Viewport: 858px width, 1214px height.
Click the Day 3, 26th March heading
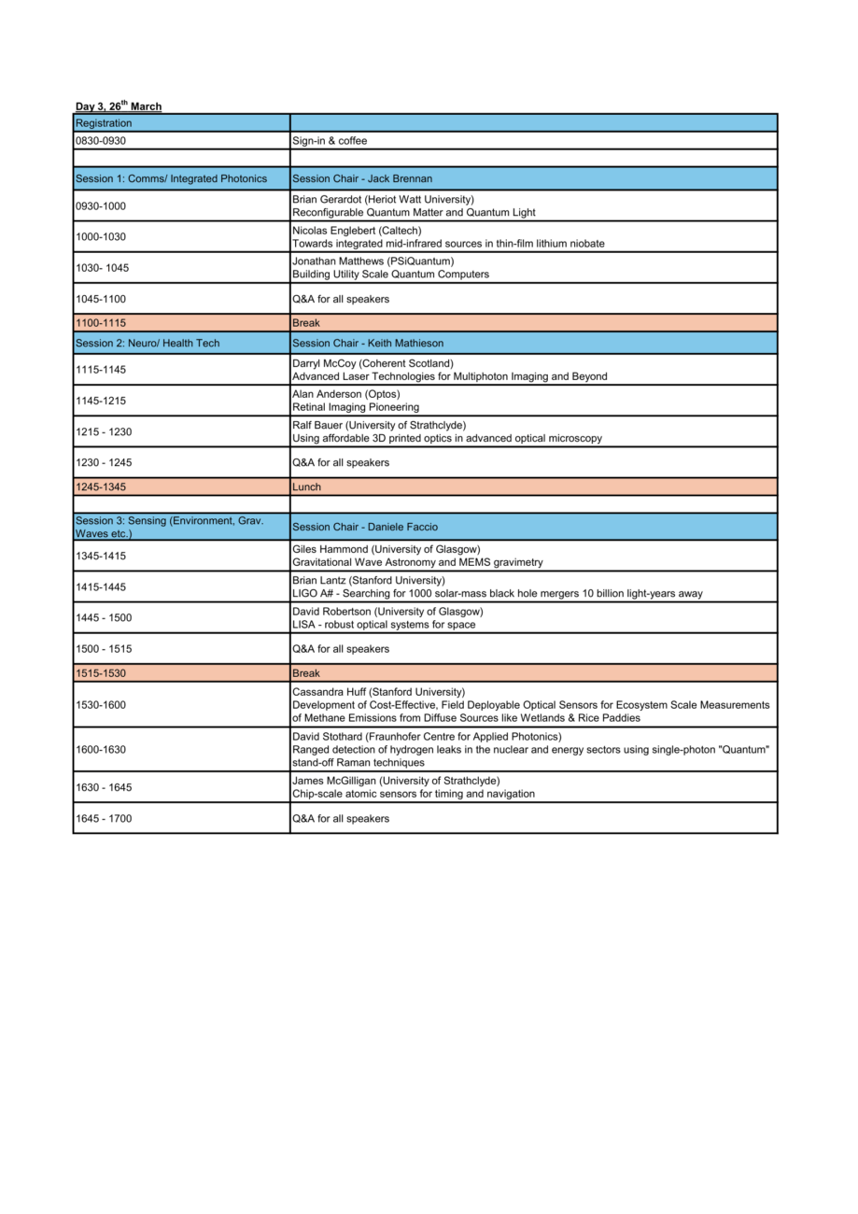click(x=118, y=106)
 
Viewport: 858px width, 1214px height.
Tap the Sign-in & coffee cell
click(x=330, y=141)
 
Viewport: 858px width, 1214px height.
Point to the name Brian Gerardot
click(x=325, y=199)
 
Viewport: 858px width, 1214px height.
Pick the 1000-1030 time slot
click(x=101, y=237)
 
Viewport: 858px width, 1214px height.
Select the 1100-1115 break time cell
click(x=101, y=323)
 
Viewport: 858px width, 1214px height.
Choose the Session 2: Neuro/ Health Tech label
click(x=148, y=344)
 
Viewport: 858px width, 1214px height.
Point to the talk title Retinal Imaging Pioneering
click(x=356, y=407)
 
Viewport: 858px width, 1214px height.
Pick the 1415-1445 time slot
click(x=101, y=587)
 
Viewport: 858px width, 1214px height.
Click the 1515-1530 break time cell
click(x=101, y=673)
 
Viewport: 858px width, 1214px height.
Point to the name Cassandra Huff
click(x=330, y=692)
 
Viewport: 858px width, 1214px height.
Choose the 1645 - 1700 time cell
click(x=104, y=819)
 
